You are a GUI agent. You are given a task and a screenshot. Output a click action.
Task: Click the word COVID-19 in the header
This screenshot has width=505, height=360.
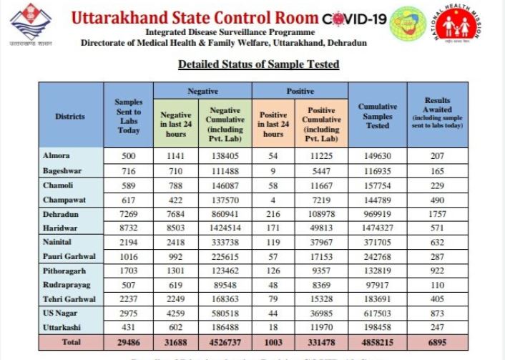356,19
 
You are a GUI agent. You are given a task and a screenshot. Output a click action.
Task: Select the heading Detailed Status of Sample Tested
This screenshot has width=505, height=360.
258,64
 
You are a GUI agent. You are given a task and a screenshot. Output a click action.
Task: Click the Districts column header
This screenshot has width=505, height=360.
69,116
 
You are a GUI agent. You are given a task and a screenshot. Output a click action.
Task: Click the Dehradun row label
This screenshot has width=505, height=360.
60,214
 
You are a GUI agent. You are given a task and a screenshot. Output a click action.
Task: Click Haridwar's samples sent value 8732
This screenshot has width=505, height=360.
129,228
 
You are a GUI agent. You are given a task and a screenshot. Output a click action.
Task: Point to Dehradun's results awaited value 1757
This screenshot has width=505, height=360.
437,214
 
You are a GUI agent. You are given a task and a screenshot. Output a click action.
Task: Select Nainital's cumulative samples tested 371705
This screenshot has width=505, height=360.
377,243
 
